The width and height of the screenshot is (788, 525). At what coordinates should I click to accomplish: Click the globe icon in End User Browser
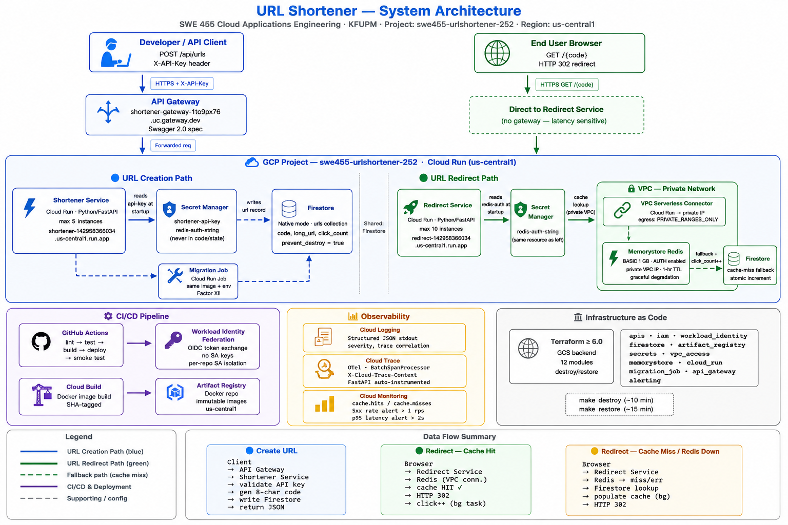pos(497,53)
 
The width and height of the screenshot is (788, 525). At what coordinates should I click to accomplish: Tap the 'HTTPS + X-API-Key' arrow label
pos(182,84)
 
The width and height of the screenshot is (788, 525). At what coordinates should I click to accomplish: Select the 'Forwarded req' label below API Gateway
pos(173,145)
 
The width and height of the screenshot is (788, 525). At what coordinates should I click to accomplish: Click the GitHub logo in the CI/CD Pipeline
pos(41,341)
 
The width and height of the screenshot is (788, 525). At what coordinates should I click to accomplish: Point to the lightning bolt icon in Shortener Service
pos(30,208)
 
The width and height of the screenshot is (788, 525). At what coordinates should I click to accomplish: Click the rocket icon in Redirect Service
pos(410,207)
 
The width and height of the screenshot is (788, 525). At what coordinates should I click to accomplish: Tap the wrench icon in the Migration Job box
pos(175,276)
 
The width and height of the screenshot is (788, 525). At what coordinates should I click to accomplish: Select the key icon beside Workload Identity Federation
pos(173,340)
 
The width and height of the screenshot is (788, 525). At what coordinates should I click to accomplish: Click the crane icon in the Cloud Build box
pos(42,395)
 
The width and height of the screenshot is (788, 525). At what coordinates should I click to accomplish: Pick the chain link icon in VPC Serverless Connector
pos(622,211)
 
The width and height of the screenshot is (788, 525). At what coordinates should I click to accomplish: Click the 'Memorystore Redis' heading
pos(655,251)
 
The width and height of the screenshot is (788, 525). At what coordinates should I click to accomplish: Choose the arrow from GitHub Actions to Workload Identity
pos(139,343)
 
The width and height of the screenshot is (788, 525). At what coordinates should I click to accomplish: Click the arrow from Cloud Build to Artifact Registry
pos(139,393)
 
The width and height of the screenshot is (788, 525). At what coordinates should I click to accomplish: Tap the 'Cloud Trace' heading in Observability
pos(383,360)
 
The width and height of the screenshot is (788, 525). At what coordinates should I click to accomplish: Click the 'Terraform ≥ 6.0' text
pos(576,341)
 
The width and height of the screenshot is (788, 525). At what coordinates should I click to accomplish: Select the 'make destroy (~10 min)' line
pos(616,400)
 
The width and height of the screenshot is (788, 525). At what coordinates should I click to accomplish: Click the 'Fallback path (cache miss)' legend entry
pos(107,475)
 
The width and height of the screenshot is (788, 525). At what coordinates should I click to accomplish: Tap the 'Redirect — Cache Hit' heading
pos(460,451)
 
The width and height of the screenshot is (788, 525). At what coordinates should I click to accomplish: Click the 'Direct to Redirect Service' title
pos(556,109)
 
